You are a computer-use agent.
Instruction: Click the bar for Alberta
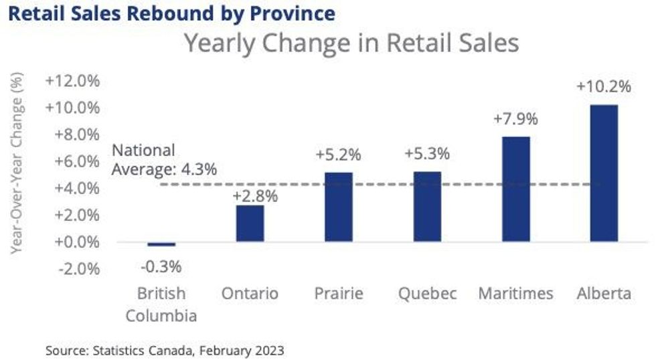coord(604,173)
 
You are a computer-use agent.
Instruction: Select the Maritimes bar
coord(516,189)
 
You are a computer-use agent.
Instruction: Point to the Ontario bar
coord(250,223)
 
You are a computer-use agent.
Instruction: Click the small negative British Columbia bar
coord(161,244)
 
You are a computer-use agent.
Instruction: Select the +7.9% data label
coord(515,119)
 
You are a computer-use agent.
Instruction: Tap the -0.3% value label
coord(161,266)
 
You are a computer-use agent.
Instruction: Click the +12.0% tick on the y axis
coord(72,81)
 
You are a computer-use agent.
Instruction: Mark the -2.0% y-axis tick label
coord(74,269)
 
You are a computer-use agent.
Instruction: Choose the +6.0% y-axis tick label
coord(74,161)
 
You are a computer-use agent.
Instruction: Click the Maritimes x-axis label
coord(516,294)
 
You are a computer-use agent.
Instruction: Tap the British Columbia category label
coord(161,304)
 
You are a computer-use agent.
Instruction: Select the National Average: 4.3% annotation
coord(164,160)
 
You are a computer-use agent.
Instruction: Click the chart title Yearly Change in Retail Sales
coord(351,43)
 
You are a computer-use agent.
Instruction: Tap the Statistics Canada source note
coord(165,350)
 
